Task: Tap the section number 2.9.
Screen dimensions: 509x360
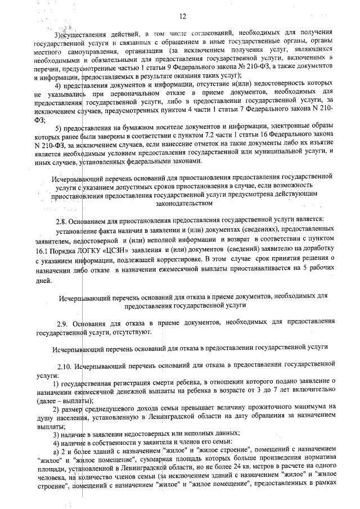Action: tap(65, 324)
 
